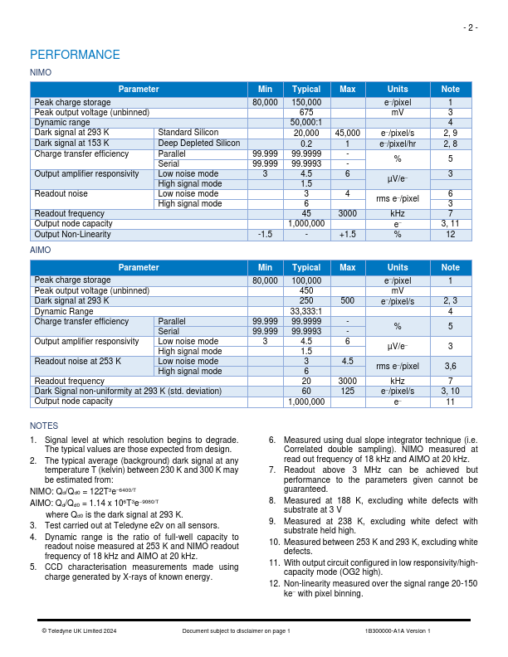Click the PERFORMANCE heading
point(75,55)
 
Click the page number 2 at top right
point(471,27)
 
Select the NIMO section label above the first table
point(40,73)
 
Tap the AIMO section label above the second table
point(40,250)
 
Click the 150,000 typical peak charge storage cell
point(306,102)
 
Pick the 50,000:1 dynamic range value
point(306,122)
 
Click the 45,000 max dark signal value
point(347,133)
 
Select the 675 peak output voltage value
point(306,112)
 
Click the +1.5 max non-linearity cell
point(347,234)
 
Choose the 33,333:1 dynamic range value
point(306,311)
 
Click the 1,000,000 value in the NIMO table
point(306,224)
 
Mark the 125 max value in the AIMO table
point(347,391)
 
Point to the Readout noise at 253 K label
point(77,361)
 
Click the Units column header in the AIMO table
point(398,267)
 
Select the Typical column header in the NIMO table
point(306,89)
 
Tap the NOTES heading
point(44,426)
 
